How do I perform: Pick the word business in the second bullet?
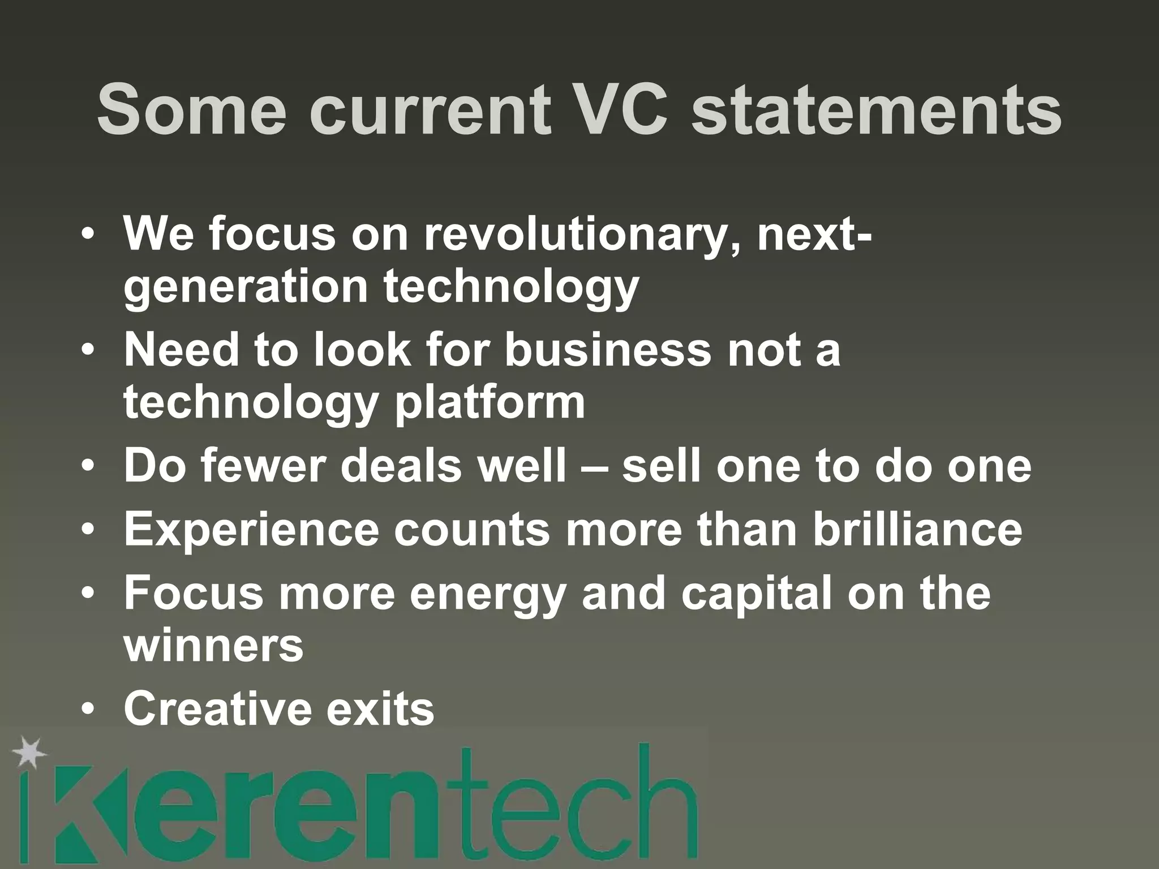click(607, 349)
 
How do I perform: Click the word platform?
click(490, 402)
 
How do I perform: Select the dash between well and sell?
click(594, 467)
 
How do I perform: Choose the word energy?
click(487, 594)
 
